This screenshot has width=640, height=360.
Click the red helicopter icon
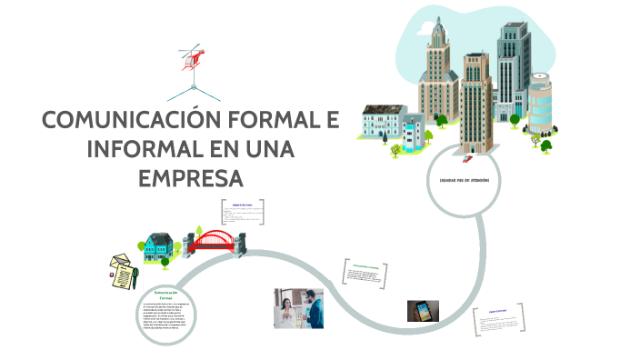193,55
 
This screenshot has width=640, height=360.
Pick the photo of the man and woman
298,308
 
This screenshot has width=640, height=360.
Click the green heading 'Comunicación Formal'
165,294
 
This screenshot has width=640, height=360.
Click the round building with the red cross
540,105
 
